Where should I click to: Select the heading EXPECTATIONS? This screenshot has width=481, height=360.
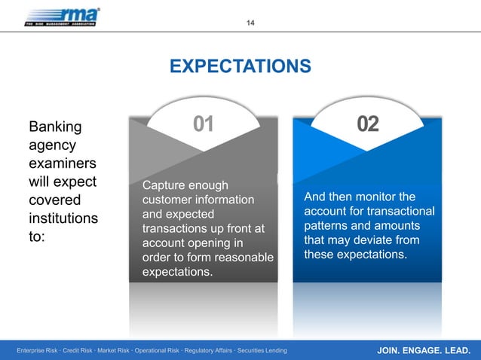click(240, 67)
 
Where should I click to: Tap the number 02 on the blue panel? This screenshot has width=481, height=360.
click(366, 124)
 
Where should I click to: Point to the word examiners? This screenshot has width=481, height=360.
click(62, 163)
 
